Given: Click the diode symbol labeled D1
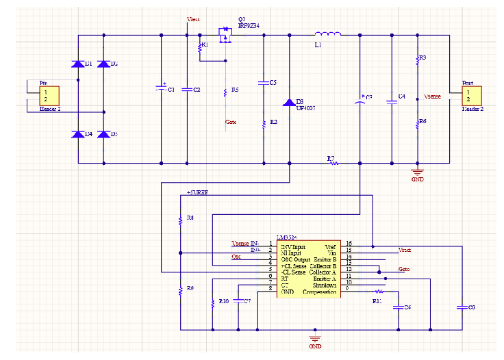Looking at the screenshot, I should click(x=78, y=64).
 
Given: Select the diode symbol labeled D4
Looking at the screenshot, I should click(x=78, y=133).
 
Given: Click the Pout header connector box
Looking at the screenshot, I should click(x=468, y=95).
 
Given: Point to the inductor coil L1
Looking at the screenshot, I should click(x=327, y=34).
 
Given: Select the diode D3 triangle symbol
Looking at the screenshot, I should click(x=289, y=102).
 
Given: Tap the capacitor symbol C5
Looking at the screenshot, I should click(x=264, y=83).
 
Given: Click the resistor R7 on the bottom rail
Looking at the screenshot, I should click(x=332, y=164).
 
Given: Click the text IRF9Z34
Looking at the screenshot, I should click(x=248, y=25).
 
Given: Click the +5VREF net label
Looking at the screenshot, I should click(x=197, y=192).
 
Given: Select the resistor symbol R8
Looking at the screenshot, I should click(x=180, y=219).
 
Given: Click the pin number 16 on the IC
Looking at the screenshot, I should click(x=349, y=244).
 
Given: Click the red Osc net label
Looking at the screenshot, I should click(x=236, y=257).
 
